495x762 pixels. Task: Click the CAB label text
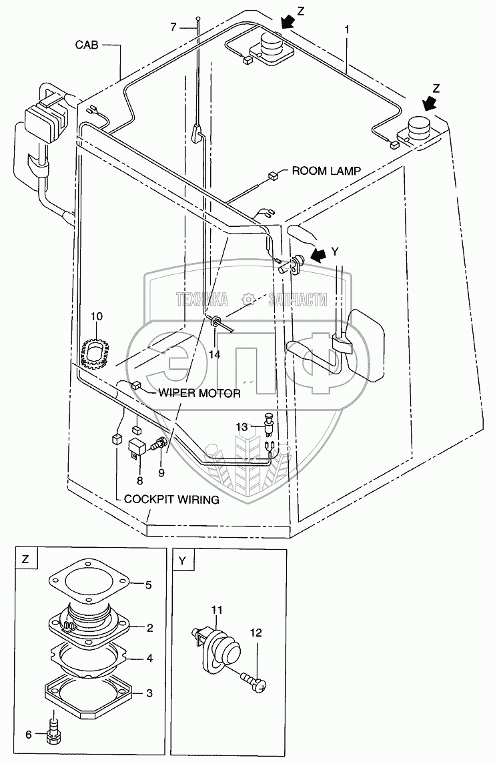[x=87, y=45]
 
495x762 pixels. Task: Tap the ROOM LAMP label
[x=326, y=171]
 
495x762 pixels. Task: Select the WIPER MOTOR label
[x=199, y=394]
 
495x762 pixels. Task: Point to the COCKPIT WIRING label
[x=167, y=499]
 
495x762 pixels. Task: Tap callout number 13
[x=241, y=426]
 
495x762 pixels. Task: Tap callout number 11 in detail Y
[x=217, y=610]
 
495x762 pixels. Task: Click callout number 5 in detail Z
[x=149, y=585]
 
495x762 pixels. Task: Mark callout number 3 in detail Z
[x=149, y=693]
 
